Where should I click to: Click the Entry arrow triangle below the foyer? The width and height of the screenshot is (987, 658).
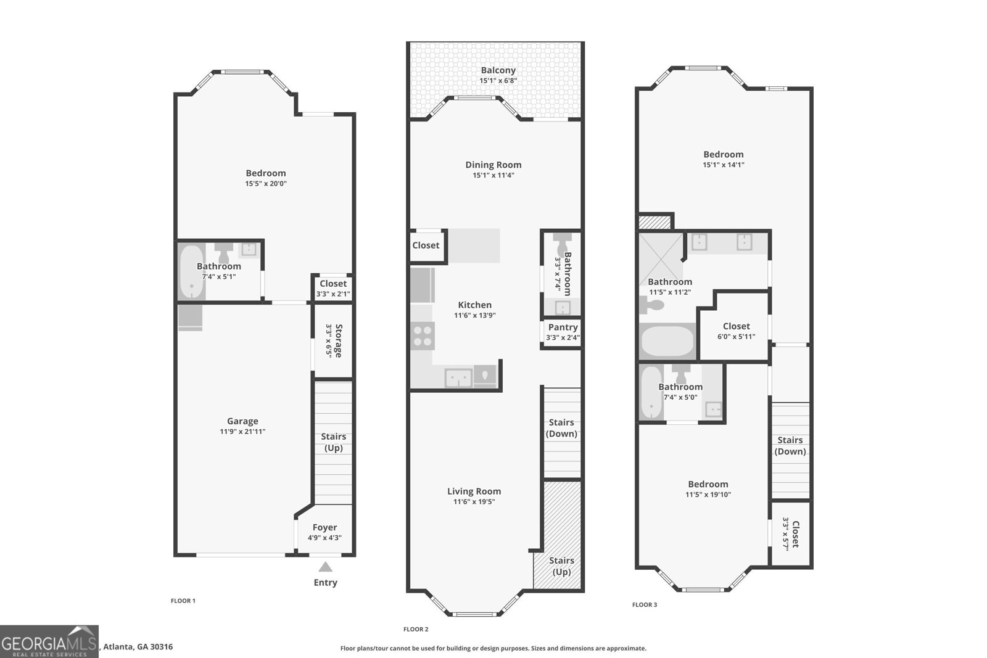pos(325,567)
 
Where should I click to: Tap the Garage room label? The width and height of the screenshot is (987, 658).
pos(242,421)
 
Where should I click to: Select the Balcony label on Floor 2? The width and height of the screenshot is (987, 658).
pos(498,70)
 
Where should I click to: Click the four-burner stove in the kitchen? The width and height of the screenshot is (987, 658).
pos(423,335)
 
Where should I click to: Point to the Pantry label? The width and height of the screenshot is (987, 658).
pos(563,327)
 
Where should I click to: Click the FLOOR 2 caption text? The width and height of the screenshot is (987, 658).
pos(416,629)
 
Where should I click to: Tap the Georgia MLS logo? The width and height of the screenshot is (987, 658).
pos(49,641)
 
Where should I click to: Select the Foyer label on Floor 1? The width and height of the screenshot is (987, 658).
pos(324,527)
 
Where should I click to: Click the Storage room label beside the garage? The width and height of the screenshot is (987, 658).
pos(337,340)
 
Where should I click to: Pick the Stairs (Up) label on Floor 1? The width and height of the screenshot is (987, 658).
pos(333,442)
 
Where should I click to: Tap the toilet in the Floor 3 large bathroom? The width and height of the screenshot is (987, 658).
pos(653,305)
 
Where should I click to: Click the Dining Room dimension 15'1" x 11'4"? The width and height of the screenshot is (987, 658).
pos(493,175)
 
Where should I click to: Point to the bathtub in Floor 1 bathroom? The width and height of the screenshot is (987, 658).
pos(192,272)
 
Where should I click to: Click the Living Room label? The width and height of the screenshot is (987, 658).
pos(474,491)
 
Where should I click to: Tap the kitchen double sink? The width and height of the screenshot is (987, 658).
pos(458,377)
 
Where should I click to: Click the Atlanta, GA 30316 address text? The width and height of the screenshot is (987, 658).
pos(138,647)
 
